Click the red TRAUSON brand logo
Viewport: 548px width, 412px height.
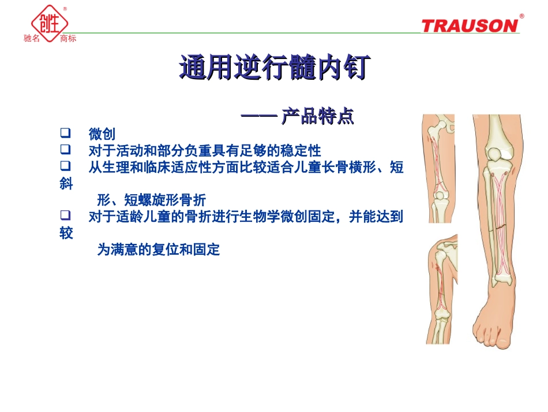[470, 25]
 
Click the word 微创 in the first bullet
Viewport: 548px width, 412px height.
[102, 135]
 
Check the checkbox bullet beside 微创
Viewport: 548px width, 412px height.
[65, 134]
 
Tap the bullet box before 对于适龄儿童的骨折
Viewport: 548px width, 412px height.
[65, 217]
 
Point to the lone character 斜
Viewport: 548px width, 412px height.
[66, 184]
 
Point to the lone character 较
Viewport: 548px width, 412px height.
[66, 233]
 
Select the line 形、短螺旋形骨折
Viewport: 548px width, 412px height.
[151, 201]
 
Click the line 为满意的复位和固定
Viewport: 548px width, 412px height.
[158, 250]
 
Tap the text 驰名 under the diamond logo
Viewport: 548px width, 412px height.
[32, 39]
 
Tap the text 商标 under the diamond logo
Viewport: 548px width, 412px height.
[67, 39]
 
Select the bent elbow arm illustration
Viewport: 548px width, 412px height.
[441, 289]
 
